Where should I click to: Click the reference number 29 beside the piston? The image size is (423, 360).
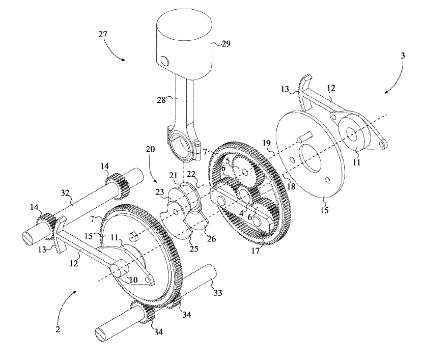(x=225, y=44)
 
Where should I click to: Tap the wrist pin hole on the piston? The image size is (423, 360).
(x=164, y=62)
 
